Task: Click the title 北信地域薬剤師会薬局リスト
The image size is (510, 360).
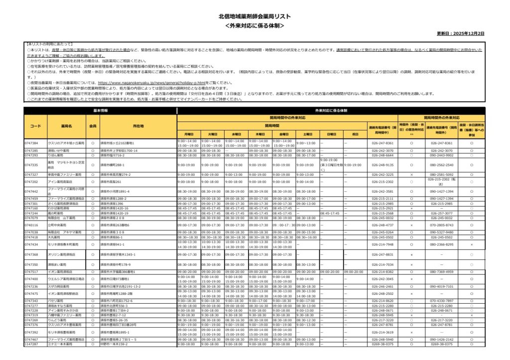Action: [x=255, y=16]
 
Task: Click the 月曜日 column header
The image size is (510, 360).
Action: [x=189, y=134]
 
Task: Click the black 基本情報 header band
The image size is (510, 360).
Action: [x=100, y=110]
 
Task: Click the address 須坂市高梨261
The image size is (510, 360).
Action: [x=112, y=182]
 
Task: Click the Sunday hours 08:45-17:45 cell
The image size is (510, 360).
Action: [x=331, y=213]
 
